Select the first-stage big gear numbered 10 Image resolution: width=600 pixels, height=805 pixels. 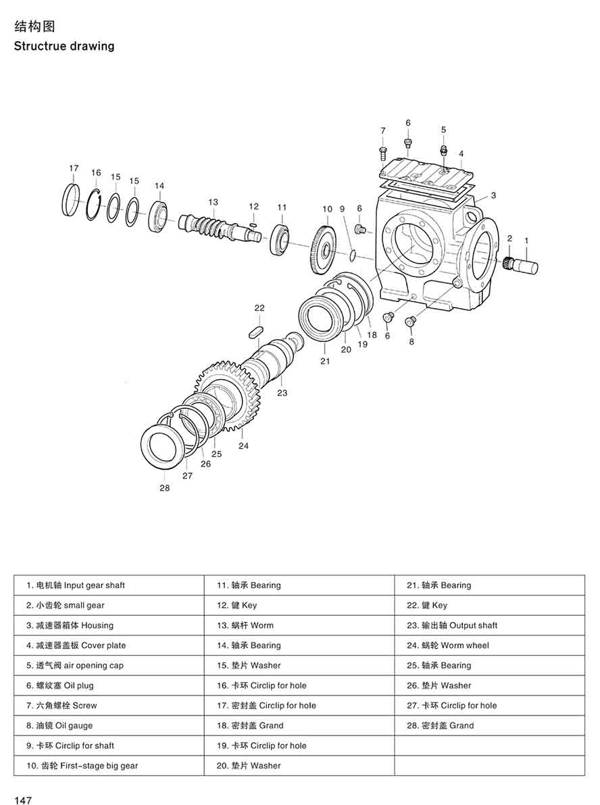tap(326, 251)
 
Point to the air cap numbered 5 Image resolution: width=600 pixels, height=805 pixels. tap(443, 150)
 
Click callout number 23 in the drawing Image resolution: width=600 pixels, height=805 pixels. tap(282, 393)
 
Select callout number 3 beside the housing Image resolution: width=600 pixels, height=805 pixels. tap(494, 195)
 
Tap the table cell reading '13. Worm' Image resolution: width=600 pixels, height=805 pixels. tap(245, 625)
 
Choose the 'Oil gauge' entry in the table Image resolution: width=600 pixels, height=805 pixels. tap(59, 725)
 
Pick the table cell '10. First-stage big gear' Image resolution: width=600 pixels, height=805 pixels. tap(82, 766)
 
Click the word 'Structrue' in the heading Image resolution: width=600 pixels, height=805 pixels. tap(38, 47)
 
